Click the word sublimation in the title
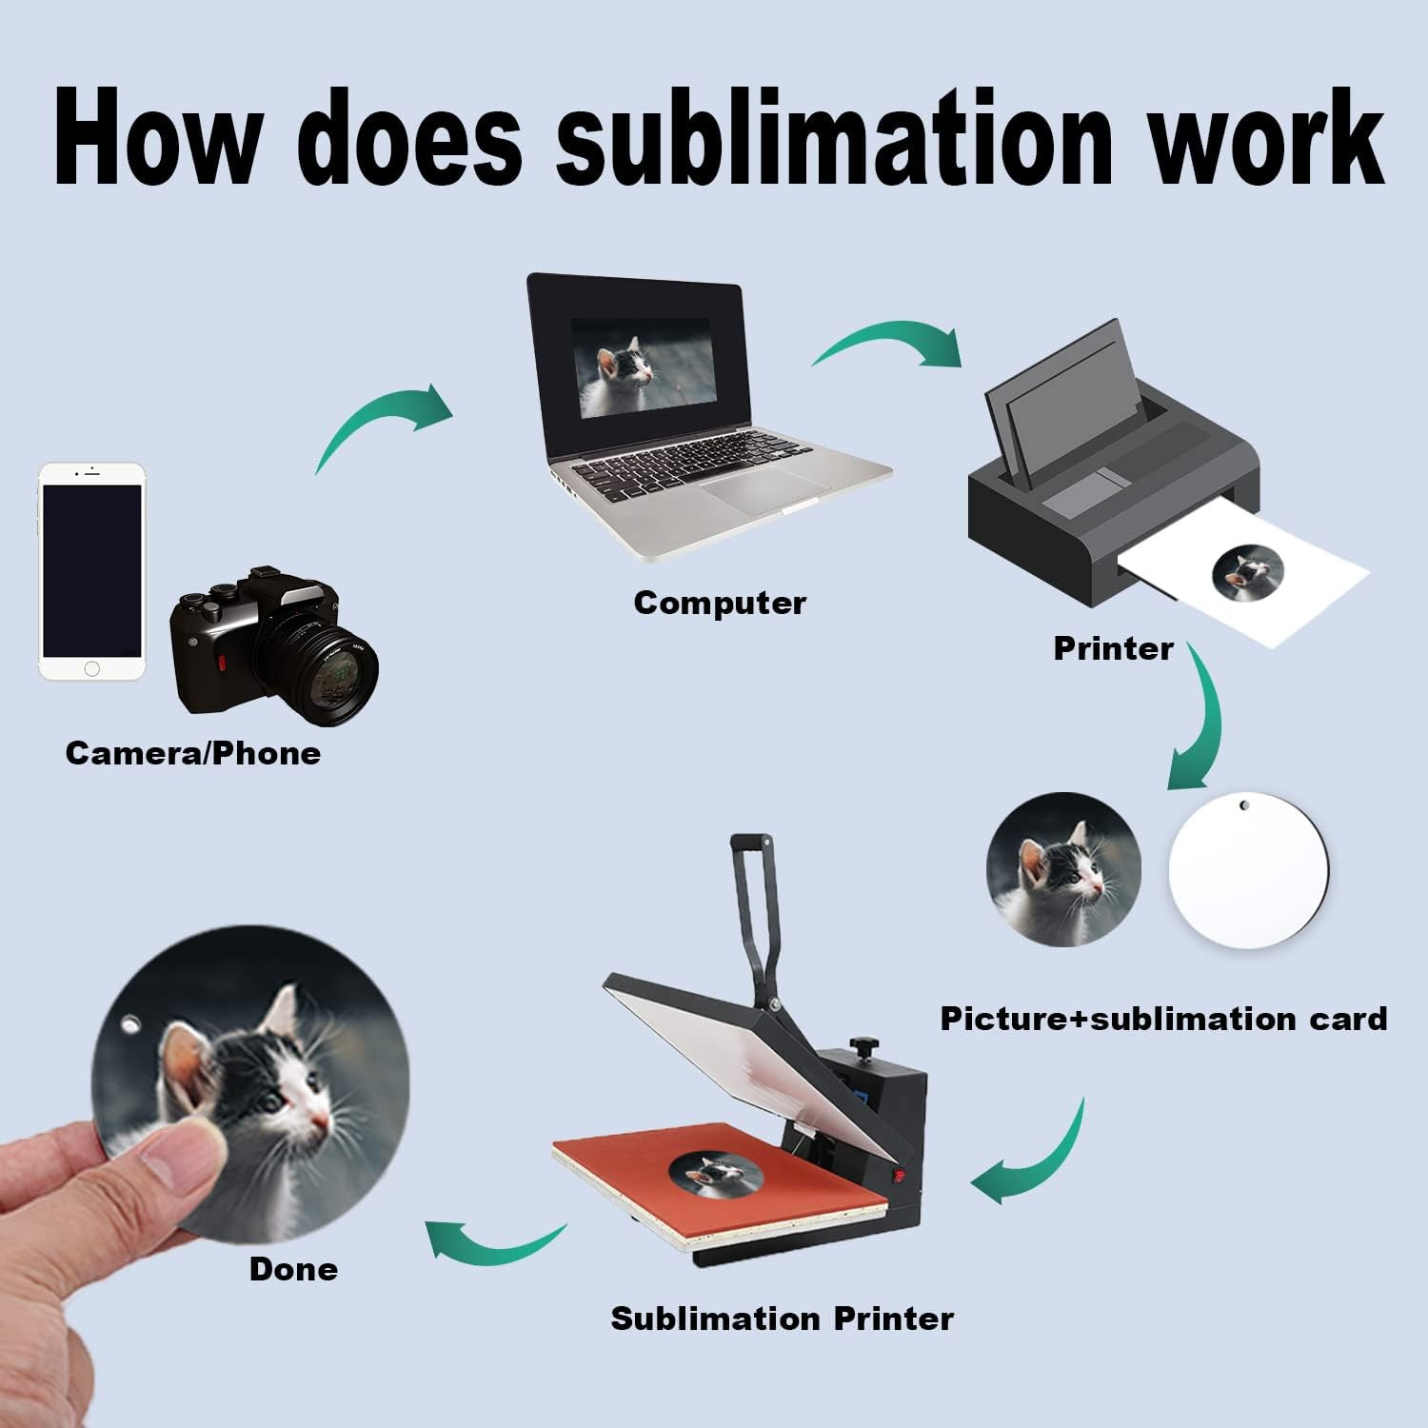click(x=833, y=138)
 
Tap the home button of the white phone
click(x=91, y=668)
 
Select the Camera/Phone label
click(x=192, y=753)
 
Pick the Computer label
click(x=720, y=603)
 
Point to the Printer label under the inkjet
click(x=1113, y=648)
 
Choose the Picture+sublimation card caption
click(x=1163, y=1019)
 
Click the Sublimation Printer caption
click(x=782, y=1319)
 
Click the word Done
click(x=293, y=1269)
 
